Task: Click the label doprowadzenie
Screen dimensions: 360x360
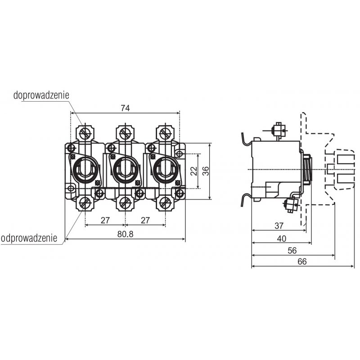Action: (41, 95)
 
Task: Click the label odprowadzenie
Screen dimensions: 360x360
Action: (29, 238)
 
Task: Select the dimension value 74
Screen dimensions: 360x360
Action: (126, 108)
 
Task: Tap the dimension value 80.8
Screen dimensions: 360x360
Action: (126, 234)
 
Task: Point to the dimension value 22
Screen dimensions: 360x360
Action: (194, 171)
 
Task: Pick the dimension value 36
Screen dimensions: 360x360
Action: (206, 171)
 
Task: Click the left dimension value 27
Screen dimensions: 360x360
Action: (105, 220)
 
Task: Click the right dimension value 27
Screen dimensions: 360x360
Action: (145, 220)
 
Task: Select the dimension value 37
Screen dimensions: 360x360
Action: (279, 226)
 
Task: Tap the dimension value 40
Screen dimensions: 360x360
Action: (282, 239)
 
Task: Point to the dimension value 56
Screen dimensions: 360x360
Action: (292, 251)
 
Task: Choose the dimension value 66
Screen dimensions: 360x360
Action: (302, 261)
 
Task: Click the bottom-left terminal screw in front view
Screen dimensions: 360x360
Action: (85, 203)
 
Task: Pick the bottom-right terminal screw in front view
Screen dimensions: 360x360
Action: (165, 203)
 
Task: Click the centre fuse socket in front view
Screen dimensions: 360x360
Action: (126, 170)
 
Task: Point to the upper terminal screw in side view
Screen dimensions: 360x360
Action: (278, 130)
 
